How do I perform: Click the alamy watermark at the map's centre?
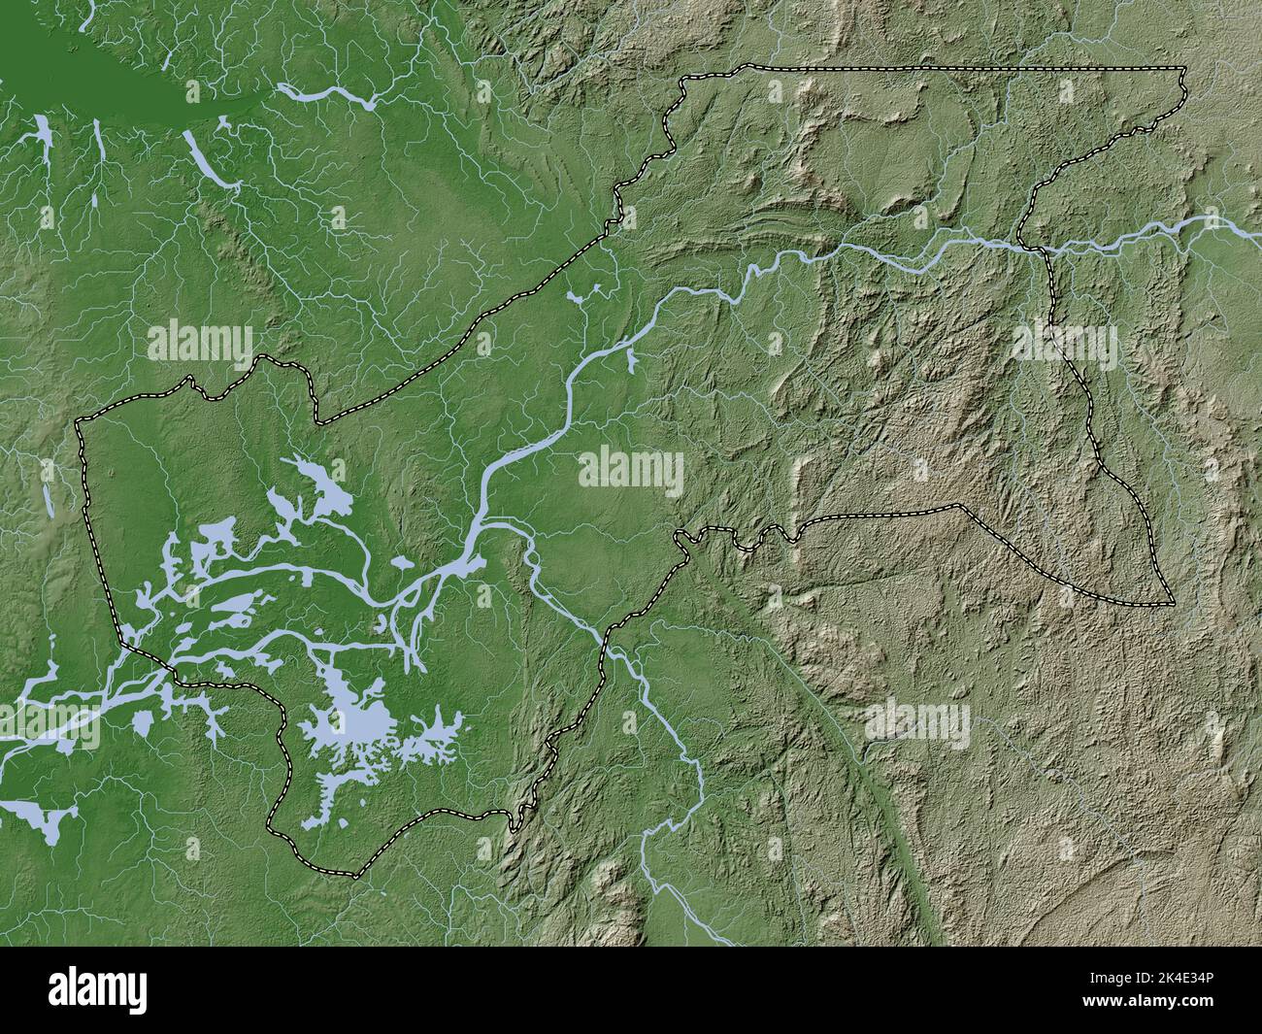click(x=631, y=470)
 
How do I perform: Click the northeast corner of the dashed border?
click(x=1184, y=68)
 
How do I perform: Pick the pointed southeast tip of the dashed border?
click(x=1171, y=604)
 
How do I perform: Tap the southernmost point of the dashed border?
click(x=354, y=877)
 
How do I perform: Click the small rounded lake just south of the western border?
click(x=144, y=723)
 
